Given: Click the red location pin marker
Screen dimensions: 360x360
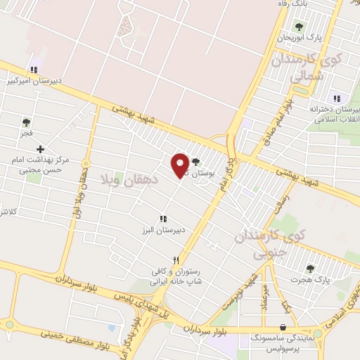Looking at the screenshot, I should pos(181,165).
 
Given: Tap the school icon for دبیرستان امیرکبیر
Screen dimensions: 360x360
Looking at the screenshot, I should pos(33,70).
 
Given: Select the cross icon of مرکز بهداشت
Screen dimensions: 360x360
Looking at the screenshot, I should pos(40,149).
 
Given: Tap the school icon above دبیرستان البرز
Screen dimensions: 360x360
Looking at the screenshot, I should pos(163,219).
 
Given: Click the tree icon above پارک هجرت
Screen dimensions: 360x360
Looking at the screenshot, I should pos(309,268).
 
